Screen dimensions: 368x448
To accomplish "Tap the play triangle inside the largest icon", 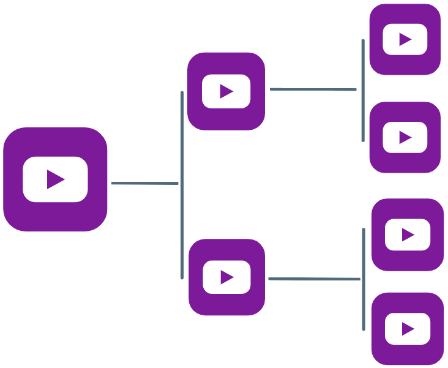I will click(56, 179).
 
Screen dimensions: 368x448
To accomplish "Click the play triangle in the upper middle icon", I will click(226, 91).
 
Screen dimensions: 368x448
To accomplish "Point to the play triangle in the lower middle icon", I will click(227, 277).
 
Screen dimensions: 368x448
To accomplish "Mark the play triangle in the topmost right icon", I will click(405, 40).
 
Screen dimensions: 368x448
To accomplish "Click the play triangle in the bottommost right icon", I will click(408, 329).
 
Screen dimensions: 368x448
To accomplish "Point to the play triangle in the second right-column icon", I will click(405, 137).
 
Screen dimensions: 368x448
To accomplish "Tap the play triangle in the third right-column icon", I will click(408, 235).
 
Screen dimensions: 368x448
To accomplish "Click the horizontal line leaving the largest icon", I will click(144, 183).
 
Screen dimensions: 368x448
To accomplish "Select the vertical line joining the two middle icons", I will click(182, 184).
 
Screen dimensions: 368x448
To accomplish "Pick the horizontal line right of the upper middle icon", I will click(313, 89).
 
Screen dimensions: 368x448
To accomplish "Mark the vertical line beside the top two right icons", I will click(363, 91).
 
